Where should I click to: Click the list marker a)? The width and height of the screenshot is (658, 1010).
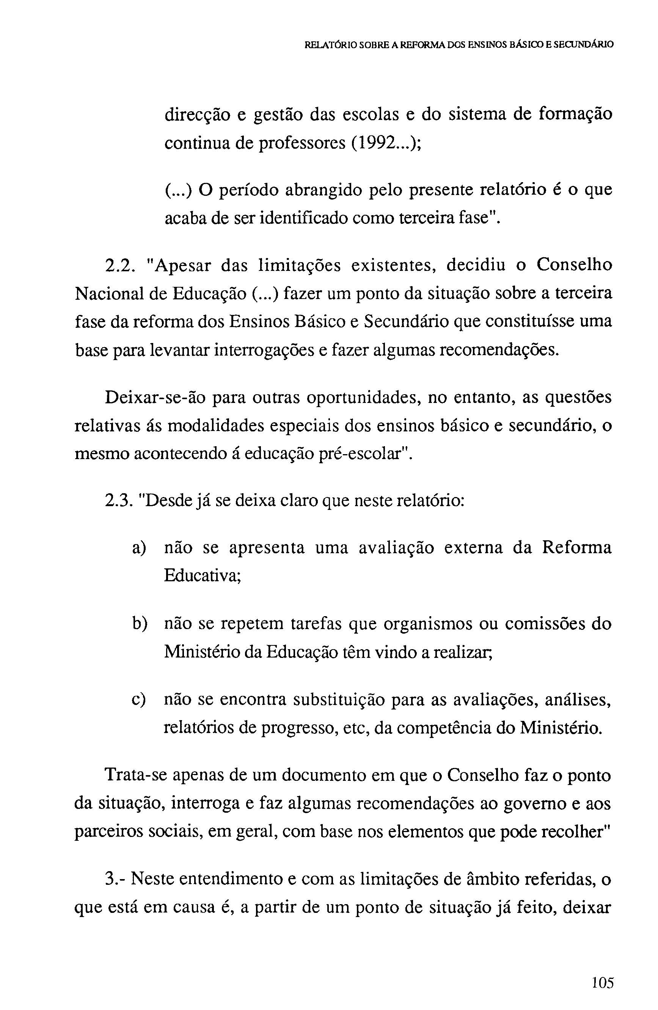(139, 548)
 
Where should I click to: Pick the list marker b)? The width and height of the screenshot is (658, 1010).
(139, 624)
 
